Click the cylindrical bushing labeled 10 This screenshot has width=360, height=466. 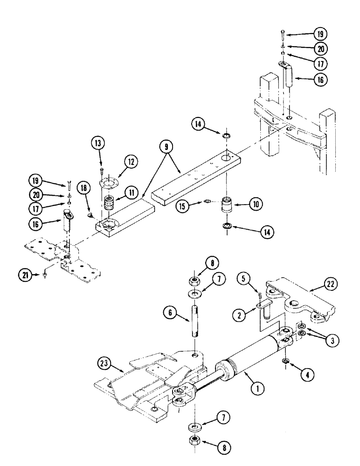[228, 206]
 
